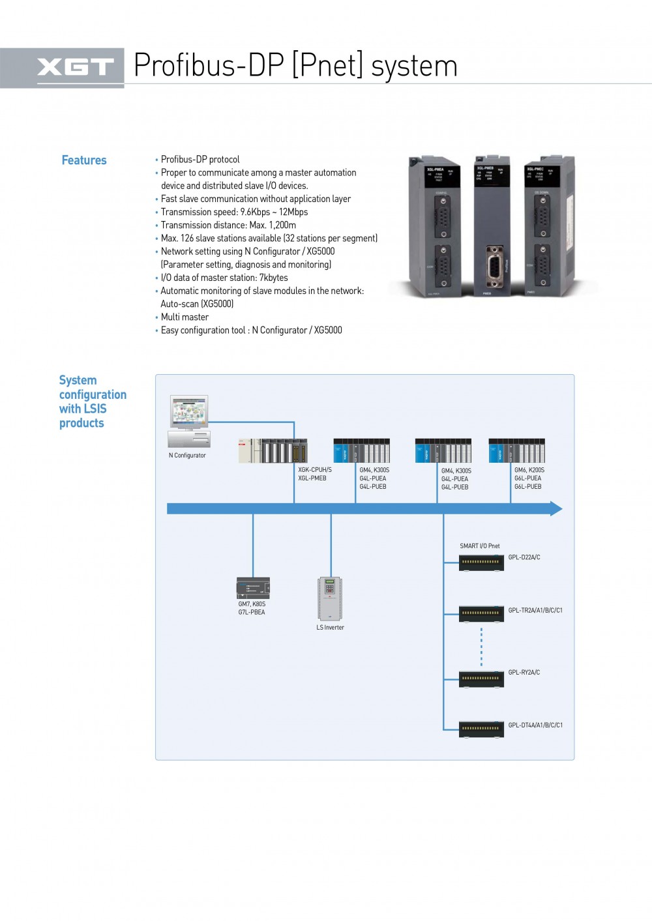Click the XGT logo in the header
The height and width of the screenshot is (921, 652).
click(x=75, y=66)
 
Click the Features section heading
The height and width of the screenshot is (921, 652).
click(x=84, y=160)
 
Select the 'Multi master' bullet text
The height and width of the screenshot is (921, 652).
click(x=185, y=317)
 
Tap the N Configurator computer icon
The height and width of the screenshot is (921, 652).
click(x=189, y=420)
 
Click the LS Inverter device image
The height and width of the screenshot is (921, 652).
click(x=330, y=598)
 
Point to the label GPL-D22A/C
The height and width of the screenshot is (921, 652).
click(x=524, y=557)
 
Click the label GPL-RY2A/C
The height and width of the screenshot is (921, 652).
click(x=524, y=672)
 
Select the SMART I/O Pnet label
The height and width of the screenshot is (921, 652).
click(x=480, y=546)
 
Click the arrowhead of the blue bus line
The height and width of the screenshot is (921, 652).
click(x=556, y=508)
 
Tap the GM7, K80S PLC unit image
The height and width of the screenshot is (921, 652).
click(x=253, y=588)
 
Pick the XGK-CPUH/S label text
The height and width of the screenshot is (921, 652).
click(x=315, y=469)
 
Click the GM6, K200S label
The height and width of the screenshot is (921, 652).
click(x=529, y=470)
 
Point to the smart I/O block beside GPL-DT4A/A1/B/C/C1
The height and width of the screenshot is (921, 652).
click(x=481, y=729)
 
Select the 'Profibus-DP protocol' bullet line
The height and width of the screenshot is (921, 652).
click(x=200, y=160)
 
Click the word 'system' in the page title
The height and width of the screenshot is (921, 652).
click(x=415, y=66)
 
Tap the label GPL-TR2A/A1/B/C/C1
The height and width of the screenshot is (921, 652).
click(x=535, y=611)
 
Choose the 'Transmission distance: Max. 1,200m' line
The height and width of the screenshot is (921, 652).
click(x=228, y=226)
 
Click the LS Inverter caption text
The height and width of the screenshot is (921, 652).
click(x=330, y=628)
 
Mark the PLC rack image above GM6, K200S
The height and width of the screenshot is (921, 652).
click(x=516, y=450)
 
